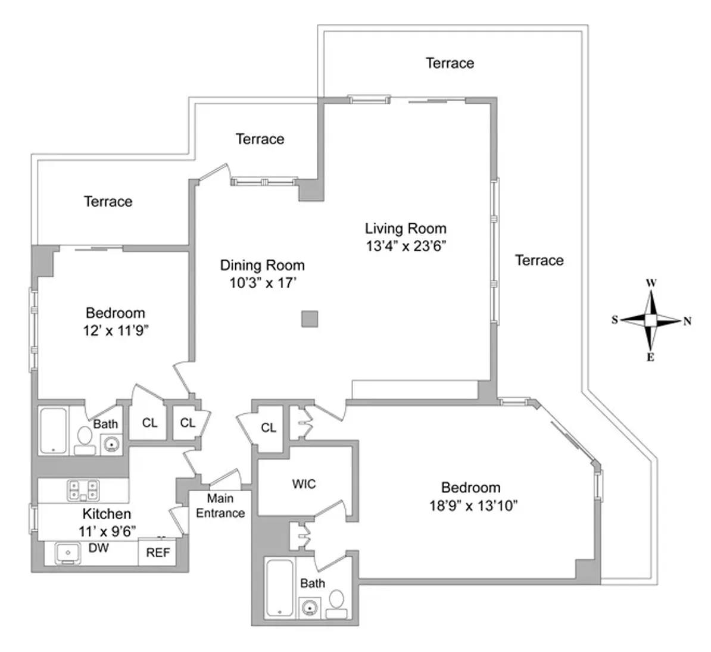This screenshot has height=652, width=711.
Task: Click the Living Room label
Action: [x=405, y=228]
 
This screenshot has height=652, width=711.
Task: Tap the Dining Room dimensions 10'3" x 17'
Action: [x=263, y=283]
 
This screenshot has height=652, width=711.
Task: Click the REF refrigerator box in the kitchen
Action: [x=158, y=553]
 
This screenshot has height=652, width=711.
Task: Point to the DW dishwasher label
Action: [x=98, y=548]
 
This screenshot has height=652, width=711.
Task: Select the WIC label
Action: [x=304, y=484]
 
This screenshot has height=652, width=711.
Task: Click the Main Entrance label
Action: [x=220, y=506]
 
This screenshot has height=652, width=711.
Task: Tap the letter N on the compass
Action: [x=687, y=321]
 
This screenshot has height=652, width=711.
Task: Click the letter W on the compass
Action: [x=651, y=283]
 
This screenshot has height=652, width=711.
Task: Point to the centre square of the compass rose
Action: [x=651, y=320]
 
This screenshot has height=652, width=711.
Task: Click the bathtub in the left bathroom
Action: [x=54, y=430]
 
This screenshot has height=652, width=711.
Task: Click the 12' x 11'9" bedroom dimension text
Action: [x=116, y=330]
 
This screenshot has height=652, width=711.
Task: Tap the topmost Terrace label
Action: [x=450, y=63]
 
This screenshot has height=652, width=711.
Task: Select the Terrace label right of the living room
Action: [x=539, y=260]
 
